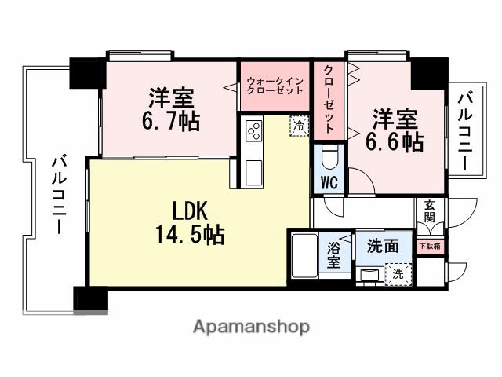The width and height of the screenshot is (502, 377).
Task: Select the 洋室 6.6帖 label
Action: pos(395,130)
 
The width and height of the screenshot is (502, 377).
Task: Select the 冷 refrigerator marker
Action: pos(300,125)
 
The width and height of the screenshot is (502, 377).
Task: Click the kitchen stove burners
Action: pos(254,133)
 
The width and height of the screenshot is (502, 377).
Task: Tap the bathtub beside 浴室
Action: pos(303,254)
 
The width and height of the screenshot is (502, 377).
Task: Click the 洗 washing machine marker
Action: pos(397,275)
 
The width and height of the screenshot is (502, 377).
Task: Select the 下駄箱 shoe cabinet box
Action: pos(429,246)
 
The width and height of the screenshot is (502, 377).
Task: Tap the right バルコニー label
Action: pos(464,131)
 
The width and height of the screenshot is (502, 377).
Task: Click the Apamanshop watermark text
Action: pos(250,327)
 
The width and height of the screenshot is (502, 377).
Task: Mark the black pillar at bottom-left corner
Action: pos(89,299)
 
